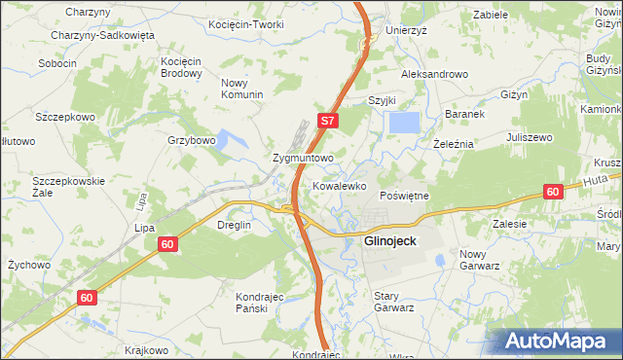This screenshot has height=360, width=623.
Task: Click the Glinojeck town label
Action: [x=391, y=240]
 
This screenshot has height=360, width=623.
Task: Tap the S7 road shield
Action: [x=329, y=122]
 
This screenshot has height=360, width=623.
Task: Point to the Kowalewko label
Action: [x=339, y=184]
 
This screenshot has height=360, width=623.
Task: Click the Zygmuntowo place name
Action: [x=303, y=157]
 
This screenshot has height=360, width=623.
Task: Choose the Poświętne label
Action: [x=404, y=196]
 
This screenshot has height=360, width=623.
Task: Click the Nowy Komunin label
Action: [x=242, y=89]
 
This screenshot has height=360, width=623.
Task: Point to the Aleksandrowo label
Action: [x=435, y=74]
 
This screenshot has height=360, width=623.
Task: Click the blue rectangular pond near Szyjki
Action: [x=404, y=123]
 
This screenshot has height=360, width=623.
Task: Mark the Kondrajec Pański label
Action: [x=259, y=301]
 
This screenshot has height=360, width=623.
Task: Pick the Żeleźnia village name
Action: [x=453, y=143]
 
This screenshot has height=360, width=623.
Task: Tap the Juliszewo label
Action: [x=529, y=137]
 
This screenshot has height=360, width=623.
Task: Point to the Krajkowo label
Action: [x=147, y=350]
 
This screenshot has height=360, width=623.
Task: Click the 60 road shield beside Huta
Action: [x=553, y=193]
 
